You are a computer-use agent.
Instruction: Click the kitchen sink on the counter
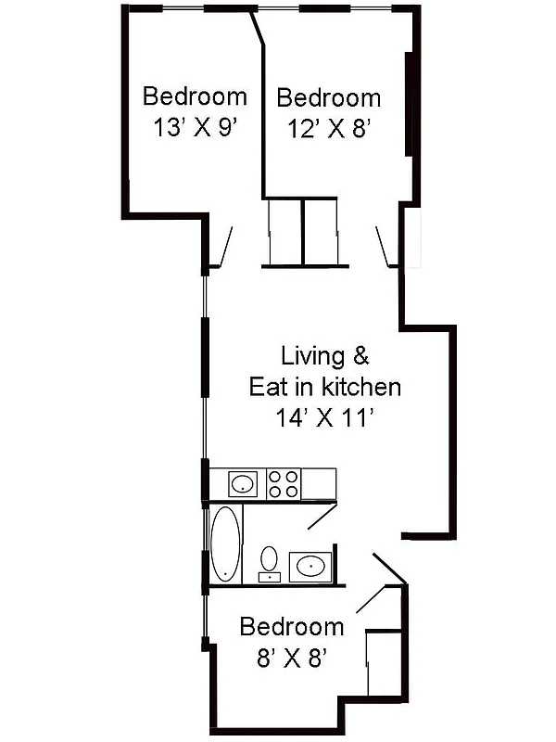(243, 483)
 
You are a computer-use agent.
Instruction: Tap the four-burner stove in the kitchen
(284, 483)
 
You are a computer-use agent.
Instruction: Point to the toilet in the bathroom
(269, 560)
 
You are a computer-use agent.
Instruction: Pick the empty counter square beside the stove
(319, 483)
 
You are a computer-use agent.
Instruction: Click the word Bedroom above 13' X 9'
(195, 96)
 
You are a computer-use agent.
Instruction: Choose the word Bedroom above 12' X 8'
(328, 98)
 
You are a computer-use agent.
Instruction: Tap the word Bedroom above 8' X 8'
(291, 627)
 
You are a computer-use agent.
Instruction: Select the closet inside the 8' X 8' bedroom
(385, 662)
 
